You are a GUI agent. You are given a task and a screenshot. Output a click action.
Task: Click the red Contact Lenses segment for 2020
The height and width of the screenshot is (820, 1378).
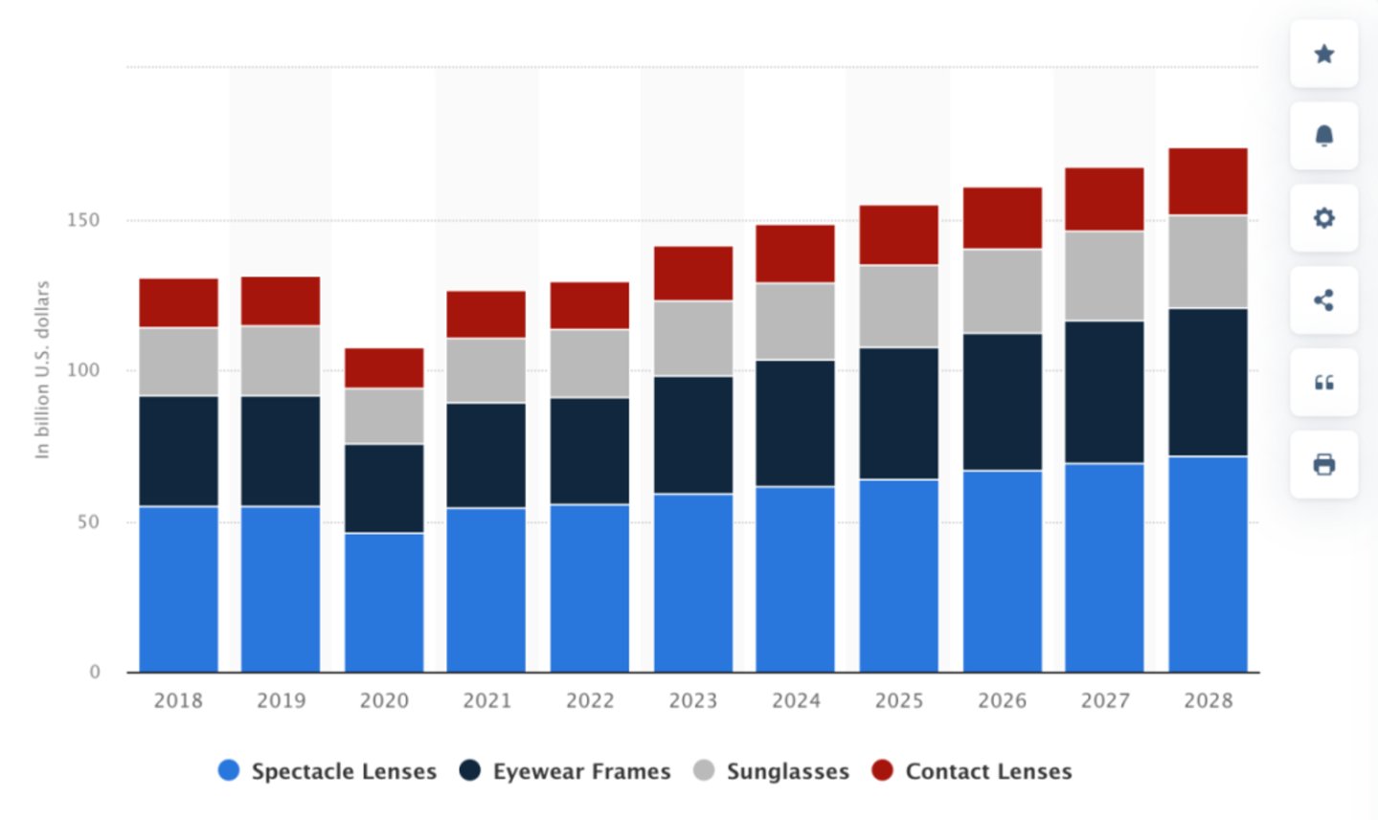(384, 367)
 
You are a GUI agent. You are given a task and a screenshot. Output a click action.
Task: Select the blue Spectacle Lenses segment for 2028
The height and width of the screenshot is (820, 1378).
(1208, 564)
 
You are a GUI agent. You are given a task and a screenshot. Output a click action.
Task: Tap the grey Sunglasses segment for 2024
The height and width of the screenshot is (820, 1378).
(795, 321)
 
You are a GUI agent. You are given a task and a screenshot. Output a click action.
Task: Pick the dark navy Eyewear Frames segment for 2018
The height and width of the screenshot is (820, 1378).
(178, 451)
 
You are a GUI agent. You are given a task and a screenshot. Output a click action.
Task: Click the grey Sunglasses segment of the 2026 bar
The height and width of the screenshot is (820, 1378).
(1002, 291)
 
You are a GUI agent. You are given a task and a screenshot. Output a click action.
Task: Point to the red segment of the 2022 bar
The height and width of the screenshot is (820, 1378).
(589, 305)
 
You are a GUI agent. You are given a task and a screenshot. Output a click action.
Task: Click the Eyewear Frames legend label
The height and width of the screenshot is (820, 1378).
(581, 771)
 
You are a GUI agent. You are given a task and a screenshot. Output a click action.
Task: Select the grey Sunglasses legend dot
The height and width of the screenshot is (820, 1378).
(704, 770)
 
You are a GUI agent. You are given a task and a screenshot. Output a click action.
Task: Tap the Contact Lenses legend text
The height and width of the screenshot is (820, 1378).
(988, 771)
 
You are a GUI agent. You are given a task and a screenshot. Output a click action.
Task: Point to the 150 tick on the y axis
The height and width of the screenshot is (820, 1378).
(83, 220)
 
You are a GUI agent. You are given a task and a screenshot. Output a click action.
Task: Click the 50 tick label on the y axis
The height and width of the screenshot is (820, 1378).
(88, 522)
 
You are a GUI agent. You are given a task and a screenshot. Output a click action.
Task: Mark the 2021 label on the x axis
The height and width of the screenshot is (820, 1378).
(486, 700)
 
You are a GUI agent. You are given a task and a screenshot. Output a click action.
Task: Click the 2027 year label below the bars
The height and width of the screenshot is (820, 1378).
(1105, 700)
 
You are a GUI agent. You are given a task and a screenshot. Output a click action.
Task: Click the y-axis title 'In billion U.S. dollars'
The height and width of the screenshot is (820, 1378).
(42, 369)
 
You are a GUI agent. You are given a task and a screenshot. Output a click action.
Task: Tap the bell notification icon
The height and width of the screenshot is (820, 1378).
(1323, 136)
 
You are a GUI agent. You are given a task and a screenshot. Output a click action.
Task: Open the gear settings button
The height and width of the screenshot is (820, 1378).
(1323, 218)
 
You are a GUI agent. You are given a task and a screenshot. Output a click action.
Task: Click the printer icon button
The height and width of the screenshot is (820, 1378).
(1323, 465)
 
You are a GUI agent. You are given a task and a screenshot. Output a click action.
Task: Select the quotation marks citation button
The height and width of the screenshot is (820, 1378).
(1323, 383)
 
